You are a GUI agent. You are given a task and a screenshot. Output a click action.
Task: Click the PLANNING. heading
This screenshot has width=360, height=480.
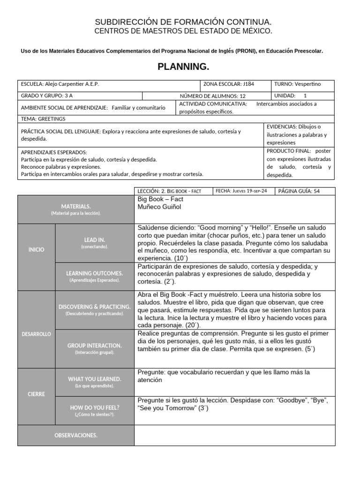pos(180,67)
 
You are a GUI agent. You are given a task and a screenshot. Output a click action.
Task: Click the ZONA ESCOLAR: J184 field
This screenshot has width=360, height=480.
pos(237,84)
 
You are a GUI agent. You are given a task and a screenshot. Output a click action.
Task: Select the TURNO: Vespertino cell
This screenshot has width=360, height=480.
pos(303,84)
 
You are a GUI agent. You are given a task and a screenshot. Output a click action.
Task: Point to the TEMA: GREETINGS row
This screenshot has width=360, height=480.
pos(141,119)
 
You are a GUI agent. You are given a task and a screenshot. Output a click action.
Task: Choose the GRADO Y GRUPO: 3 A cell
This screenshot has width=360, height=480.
pos(80,96)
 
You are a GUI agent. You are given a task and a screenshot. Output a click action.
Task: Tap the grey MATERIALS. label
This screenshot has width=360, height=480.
pos(76,210)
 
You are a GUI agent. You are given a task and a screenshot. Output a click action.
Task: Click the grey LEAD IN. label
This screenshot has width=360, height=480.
pos(95,243)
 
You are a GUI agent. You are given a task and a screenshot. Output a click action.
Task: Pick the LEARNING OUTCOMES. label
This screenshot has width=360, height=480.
pos(95,276)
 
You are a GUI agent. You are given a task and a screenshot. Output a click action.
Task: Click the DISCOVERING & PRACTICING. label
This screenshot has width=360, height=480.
pos(95,310)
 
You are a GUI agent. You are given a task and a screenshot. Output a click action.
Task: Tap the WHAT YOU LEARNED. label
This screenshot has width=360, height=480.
pos(95,382)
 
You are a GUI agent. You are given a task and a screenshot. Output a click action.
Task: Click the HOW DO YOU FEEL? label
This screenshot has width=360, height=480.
pos(95,411)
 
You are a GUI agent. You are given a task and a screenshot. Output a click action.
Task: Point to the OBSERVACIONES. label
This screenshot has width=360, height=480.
pos(76,435)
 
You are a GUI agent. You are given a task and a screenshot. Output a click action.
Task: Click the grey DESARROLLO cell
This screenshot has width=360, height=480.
pos(36,334)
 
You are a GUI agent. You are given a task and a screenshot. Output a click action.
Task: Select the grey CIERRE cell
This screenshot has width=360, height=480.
pos(36,394)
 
